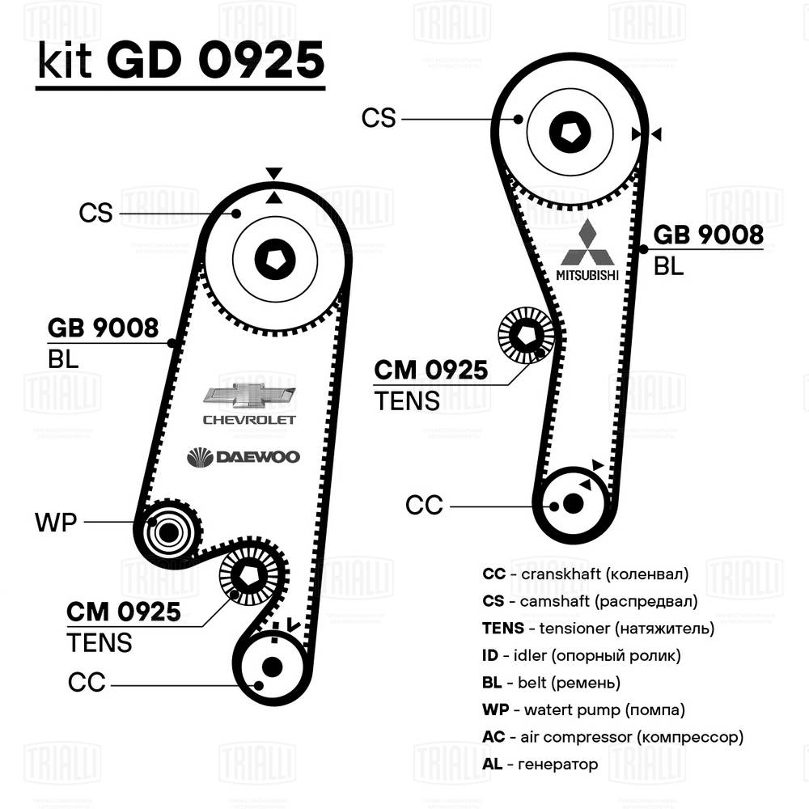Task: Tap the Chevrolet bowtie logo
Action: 249,396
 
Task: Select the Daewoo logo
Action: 243,457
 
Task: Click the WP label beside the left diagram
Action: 55,522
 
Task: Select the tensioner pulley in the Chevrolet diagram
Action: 249,574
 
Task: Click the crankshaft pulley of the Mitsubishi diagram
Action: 573,503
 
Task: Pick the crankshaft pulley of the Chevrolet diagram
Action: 272,667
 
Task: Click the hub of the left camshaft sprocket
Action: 273,259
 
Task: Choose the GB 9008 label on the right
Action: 708,235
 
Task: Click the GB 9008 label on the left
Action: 103,328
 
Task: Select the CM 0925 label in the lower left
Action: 123,612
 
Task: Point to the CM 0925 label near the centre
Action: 430,371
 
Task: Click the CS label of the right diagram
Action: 379,118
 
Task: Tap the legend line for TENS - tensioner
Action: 598,628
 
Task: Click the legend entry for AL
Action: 540,764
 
